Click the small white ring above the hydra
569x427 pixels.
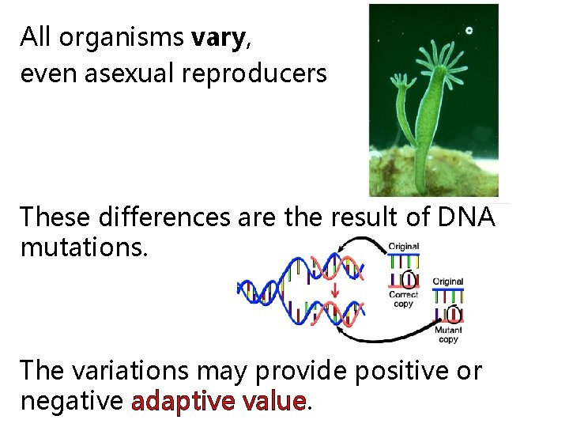pyautogui.click(x=469, y=31)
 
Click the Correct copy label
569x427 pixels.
pyautogui.click(x=403, y=299)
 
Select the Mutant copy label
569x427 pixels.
pyautogui.click(x=447, y=334)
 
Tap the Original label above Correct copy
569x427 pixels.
pyautogui.click(x=404, y=247)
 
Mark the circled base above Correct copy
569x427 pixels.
pyautogui.click(x=409, y=278)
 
